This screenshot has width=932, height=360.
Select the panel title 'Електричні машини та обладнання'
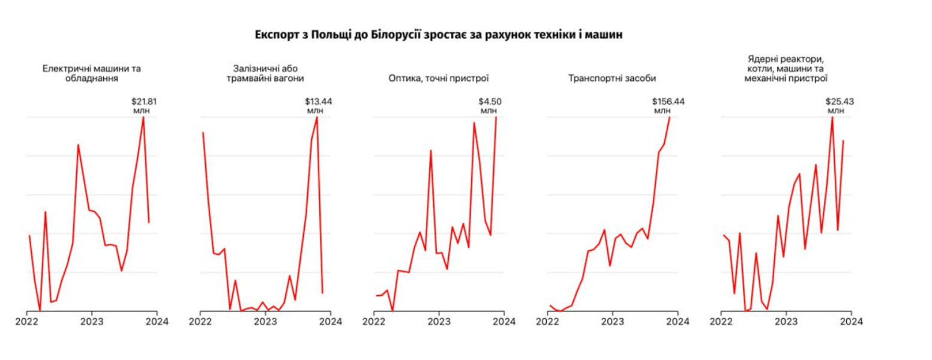point(91,73)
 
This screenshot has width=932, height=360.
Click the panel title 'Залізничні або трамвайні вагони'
point(265,73)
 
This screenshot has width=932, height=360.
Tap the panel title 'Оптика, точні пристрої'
point(438,78)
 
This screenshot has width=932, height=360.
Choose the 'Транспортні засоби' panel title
point(612,78)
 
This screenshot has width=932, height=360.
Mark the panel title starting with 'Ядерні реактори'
point(786,68)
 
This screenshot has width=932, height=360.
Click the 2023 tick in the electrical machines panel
point(92,321)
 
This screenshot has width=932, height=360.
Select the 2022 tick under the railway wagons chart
point(200,321)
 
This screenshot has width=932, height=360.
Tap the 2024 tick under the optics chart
point(504,321)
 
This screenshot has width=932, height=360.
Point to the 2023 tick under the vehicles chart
point(612,321)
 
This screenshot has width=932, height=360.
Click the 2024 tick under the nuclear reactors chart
point(850,321)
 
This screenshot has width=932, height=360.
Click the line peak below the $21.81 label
point(143,117)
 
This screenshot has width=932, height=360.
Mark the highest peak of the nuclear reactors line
point(832,117)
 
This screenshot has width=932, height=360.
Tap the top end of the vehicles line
point(669,117)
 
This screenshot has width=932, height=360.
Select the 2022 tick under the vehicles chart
point(547,321)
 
